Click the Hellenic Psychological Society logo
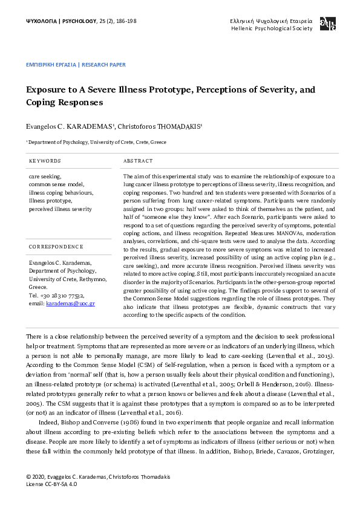pos(327,24)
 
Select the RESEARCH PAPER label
pos(103,63)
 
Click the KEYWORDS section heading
pos(45,161)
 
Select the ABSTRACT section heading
pos(137,161)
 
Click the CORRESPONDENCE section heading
pos(56,247)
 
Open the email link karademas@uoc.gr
pos(70,303)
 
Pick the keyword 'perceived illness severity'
pos(61,209)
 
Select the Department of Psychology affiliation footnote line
pos(96,142)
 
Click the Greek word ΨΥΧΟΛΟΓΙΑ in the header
pos(40,21)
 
